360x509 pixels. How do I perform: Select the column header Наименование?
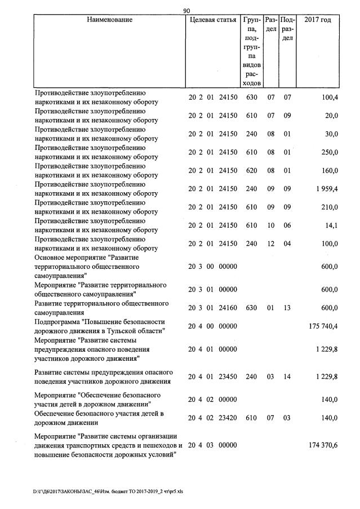110,20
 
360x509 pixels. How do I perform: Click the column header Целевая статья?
212,20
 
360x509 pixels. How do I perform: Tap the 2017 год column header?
317,20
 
